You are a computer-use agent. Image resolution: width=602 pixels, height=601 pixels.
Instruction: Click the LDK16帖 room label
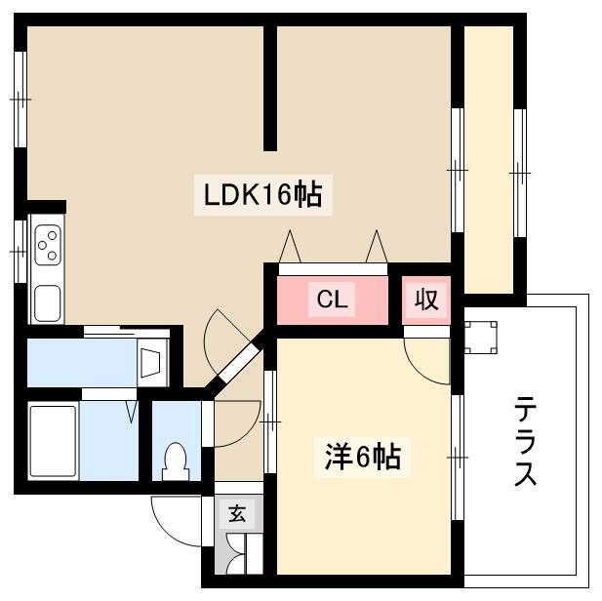pyautogui.click(x=263, y=195)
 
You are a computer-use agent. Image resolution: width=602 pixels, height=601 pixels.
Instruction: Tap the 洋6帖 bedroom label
pyautogui.click(x=363, y=457)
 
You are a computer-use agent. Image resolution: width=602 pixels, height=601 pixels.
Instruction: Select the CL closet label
pyautogui.click(x=333, y=299)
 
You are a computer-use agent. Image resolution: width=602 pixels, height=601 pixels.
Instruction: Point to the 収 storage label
pyautogui.click(x=426, y=300)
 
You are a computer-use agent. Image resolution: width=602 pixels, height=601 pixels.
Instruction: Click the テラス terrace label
pyautogui.click(x=525, y=441)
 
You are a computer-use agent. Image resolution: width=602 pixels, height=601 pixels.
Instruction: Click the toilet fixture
pyautogui.click(x=176, y=461)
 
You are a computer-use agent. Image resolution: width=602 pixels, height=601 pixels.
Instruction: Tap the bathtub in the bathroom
pyautogui.click(x=54, y=441)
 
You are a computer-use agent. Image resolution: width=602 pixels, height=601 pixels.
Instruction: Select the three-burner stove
pyautogui.click(x=48, y=244)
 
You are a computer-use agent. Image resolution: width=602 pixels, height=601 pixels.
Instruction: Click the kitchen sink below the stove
pyautogui.click(x=48, y=303)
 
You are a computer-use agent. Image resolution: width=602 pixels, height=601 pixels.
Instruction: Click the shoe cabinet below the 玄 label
pyautogui.click(x=239, y=553)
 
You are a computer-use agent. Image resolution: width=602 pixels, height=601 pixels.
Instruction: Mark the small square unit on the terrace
pyautogui.click(x=481, y=338)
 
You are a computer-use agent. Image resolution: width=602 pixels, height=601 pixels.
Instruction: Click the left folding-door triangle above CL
pyautogui.click(x=290, y=247)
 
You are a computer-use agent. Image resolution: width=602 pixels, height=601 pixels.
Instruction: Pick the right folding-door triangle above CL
pyautogui.click(x=377, y=247)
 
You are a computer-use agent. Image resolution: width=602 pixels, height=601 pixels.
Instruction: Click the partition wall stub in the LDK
pyautogui.click(x=270, y=89)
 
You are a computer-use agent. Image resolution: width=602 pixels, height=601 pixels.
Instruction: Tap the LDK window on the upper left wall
pyautogui.click(x=20, y=100)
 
